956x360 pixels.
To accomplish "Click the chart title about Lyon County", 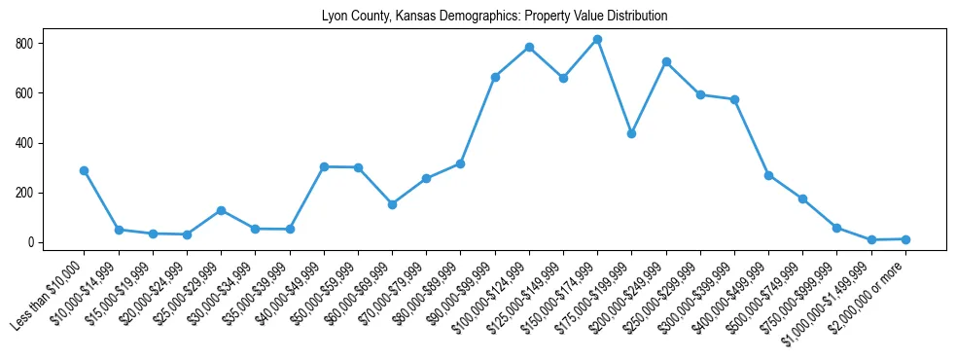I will pyautogui.click(x=494, y=17).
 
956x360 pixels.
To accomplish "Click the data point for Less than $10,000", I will pyautogui.click(x=85, y=170).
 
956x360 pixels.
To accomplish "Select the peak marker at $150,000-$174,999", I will pyautogui.click(x=597, y=40).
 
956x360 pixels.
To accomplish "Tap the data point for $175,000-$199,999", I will pyautogui.click(x=631, y=133).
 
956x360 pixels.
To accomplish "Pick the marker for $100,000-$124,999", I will pyautogui.click(x=529, y=47).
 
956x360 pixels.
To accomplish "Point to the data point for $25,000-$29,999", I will pyautogui.click(x=221, y=210).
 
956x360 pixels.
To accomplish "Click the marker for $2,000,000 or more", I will pyautogui.click(x=905, y=239).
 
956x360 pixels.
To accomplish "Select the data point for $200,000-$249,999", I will pyautogui.click(x=666, y=61).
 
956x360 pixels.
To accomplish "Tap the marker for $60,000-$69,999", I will pyautogui.click(x=392, y=204).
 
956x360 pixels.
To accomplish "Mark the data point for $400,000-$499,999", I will pyautogui.click(x=768, y=175).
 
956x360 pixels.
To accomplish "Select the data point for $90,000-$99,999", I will pyautogui.click(x=495, y=77).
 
